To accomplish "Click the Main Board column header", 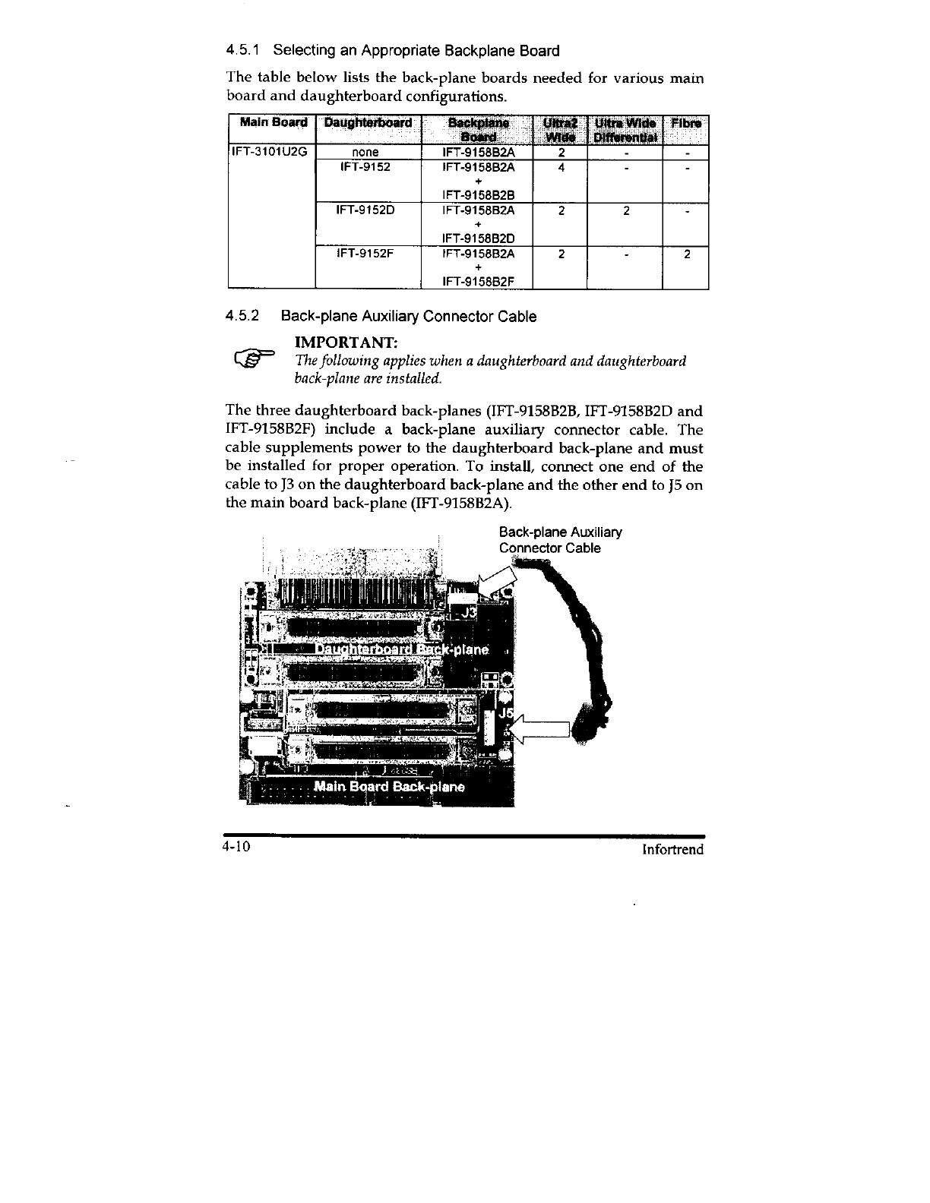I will [273, 123].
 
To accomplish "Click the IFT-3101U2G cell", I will [269, 151].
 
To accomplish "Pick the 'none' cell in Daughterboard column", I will [366, 152].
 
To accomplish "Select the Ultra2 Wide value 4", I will [560, 167].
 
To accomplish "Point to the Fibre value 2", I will [686, 254].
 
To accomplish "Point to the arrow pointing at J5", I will [540, 729].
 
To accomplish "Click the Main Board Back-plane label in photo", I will [389, 786].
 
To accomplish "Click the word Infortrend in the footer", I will [672, 849].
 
